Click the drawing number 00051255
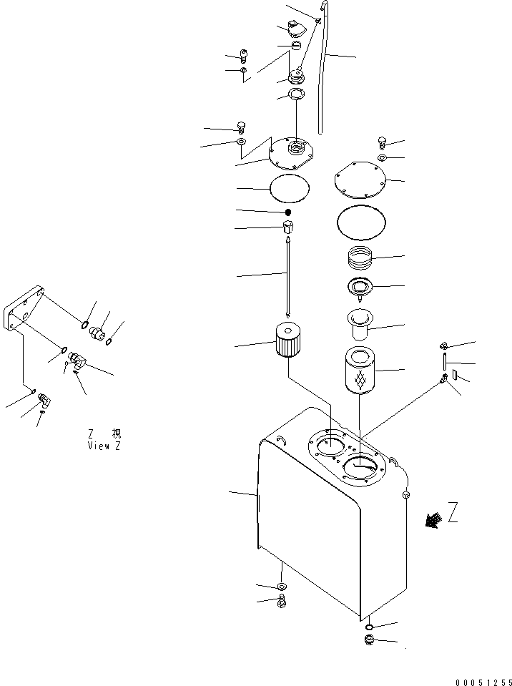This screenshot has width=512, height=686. (x=483, y=682)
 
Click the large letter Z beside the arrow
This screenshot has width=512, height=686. (x=453, y=512)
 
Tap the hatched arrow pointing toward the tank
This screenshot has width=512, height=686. (x=433, y=520)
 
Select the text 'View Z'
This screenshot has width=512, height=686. (x=104, y=446)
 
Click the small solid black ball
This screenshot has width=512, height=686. (x=287, y=212)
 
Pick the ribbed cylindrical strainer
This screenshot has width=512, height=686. (x=287, y=340)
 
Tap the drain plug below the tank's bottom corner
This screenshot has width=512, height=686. (x=370, y=640)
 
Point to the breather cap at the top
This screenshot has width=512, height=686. (x=295, y=28)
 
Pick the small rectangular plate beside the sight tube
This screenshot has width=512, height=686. (x=455, y=375)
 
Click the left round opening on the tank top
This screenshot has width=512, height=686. (x=330, y=447)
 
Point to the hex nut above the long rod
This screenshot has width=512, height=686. (x=288, y=227)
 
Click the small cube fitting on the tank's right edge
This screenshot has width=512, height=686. (x=405, y=494)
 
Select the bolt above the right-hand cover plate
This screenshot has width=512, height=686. (x=381, y=142)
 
